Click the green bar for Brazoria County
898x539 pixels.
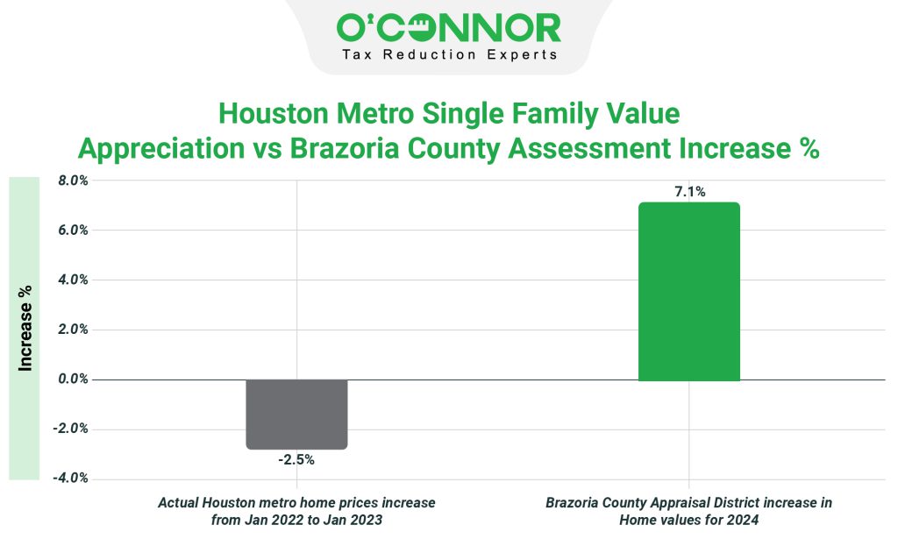pos(688,292)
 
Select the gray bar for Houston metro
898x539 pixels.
pos(296,414)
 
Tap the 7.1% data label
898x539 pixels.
pos(688,191)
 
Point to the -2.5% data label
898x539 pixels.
pos(296,460)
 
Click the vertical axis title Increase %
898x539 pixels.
pos(25,329)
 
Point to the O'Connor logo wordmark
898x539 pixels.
pos(448,28)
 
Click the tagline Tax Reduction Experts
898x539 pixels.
pos(448,55)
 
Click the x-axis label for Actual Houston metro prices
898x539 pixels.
pos(296,511)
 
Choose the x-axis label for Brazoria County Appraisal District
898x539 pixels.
pos(688,511)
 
